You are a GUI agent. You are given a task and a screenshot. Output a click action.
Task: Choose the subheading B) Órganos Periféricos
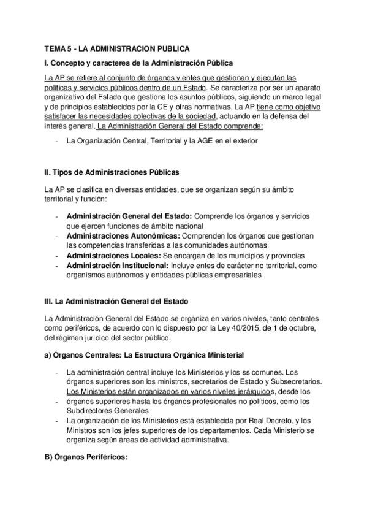click(x=86, y=456)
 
